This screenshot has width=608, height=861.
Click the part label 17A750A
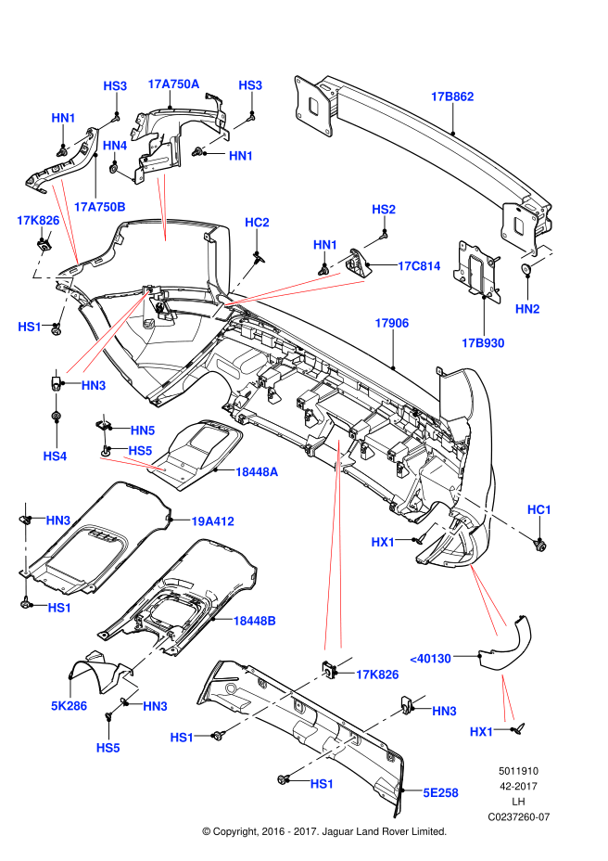tap(173, 84)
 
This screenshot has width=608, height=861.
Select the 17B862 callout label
tap(452, 96)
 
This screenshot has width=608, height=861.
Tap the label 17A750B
tap(99, 206)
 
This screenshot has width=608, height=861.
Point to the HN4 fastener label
tap(115, 146)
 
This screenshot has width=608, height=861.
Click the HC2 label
tap(257, 223)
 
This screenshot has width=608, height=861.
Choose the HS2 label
tap(384, 210)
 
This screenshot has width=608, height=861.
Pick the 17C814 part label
tap(419, 265)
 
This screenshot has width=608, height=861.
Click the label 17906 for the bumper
tap(392, 323)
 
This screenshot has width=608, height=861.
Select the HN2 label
tap(527, 308)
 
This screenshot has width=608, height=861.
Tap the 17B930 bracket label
tap(483, 343)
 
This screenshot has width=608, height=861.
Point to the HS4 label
tap(56, 456)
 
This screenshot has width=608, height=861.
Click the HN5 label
tap(143, 430)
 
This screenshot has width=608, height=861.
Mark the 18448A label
tap(257, 472)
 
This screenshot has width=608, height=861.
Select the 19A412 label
tap(212, 521)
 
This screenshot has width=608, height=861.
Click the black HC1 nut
tap(540, 546)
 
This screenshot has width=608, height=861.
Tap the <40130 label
tap(429, 659)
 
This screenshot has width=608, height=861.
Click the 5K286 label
tap(70, 705)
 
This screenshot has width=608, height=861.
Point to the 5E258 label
tap(441, 793)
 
